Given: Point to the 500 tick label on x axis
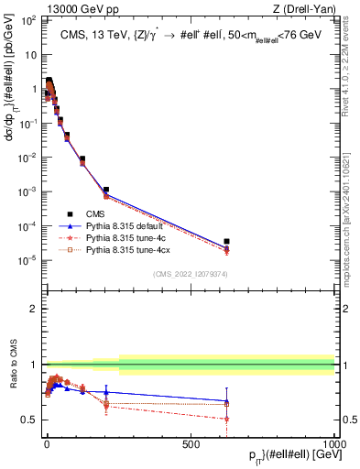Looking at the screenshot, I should pyautogui.click(x=191, y=443).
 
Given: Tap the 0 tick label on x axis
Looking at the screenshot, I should pyautogui.click(x=47, y=443).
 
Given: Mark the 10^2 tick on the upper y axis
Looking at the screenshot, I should pyautogui.click(x=28, y=19).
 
